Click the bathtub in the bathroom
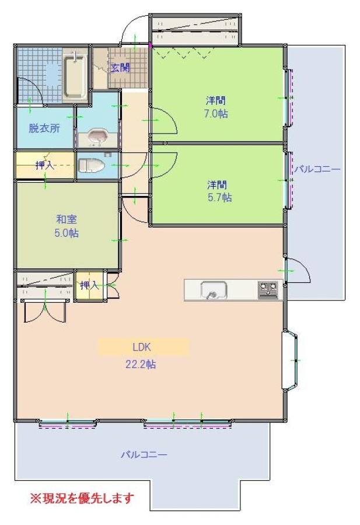coord(75,76)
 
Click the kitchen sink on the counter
coord(214,290)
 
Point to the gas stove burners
coord(268,290)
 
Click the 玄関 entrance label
coord(120,68)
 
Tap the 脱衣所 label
coord(44,128)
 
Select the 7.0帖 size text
coord(216,114)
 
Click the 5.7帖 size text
coord(220,198)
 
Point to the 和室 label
coord(67,219)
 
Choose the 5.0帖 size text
coord(67,233)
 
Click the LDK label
coord(142,347)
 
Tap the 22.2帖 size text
coord(141,364)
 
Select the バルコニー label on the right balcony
coord(317,169)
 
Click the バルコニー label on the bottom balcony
coord(144,454)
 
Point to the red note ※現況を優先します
coord(82,499)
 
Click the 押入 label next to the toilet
coord(45,165)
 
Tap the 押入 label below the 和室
coord(90,285)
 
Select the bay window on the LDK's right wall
coord(290,360)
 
